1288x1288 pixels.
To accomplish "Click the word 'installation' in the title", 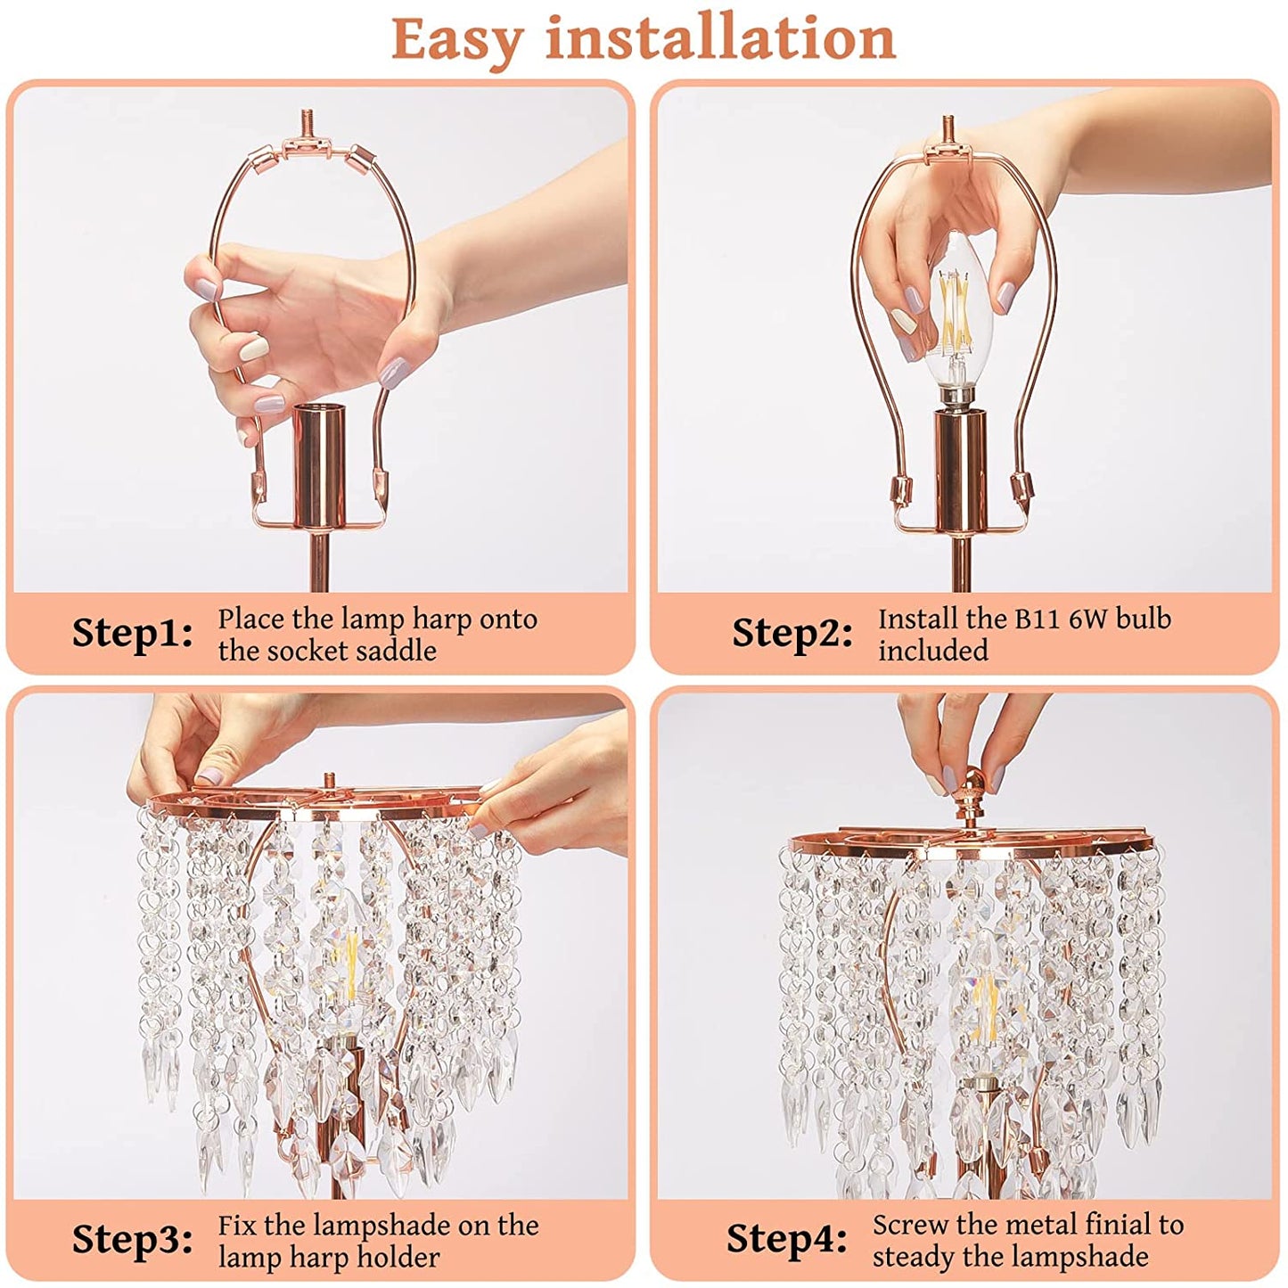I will click(x=720, y=38).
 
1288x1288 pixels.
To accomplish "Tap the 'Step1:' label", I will click(x=133, y=633).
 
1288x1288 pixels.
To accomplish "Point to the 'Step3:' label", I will click(x=133, y=1239).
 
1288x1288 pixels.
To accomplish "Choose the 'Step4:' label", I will click(x=786, y=1239).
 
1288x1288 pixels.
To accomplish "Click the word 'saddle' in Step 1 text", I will click(x=398, y=651).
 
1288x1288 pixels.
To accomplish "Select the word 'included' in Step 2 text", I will click(x=932, y=651).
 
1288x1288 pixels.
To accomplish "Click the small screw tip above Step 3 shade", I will click(x=327, y=778).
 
